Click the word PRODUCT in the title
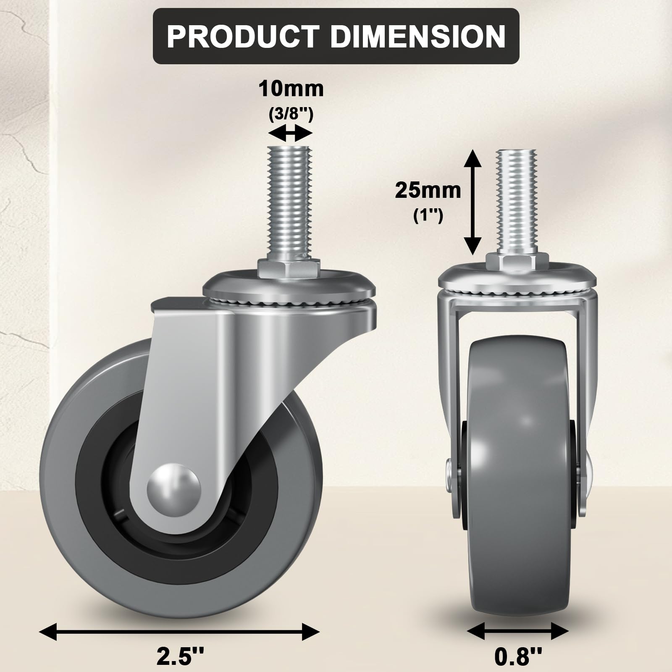[x=243, y=37]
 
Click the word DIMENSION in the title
[x=418, y=37]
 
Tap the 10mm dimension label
[x=291, y=89]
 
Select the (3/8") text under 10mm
[x=291, y=114]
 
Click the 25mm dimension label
[x=428, y=191]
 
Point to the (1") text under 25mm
[x=428, y=216]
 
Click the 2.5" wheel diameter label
[x=180, y=656]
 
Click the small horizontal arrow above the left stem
[x=290, y=134]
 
